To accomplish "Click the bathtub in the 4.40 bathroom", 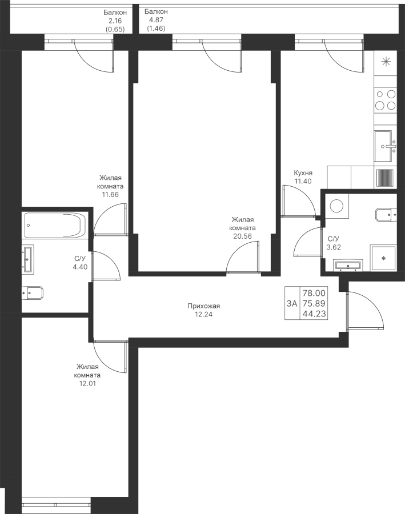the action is pos(55,225).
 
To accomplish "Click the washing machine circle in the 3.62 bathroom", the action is pos(336,206).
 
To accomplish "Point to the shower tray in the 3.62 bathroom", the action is pos(383,258).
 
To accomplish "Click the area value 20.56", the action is pos(242,236).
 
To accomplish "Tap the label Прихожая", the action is pos(204,306).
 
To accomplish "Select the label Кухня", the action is pos(303,172).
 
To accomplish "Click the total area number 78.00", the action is pos(314,292).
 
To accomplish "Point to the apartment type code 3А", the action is pos(292,304).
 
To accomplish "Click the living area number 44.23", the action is pos(314,314).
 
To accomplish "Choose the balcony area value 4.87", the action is pos(156,20).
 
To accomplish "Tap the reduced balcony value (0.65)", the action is pos(115,29).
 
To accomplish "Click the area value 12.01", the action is pos(87,383).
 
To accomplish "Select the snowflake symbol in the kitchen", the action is pos(386,62).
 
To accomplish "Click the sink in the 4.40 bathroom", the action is pos(28,259).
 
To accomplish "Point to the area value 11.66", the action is pos(110,194).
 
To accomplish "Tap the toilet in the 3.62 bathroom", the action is pos(386,214).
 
